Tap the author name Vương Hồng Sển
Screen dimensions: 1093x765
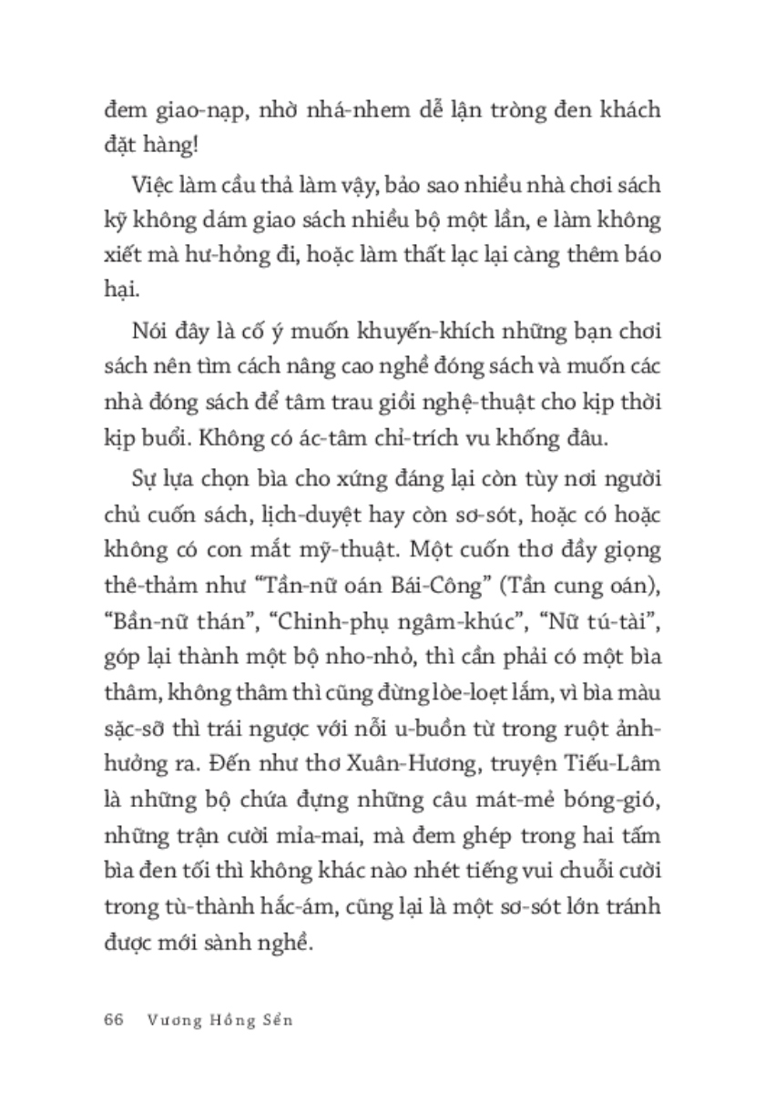tap(218, 1020)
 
